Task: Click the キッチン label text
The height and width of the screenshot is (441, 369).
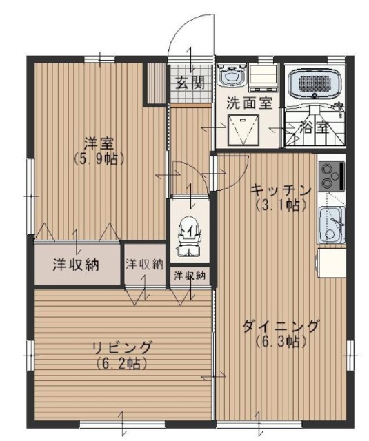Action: [282, 189]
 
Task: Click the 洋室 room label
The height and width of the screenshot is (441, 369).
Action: [95, 143]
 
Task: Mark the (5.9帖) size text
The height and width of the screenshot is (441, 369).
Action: [95, 158]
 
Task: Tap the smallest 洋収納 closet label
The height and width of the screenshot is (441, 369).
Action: [189, 276]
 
